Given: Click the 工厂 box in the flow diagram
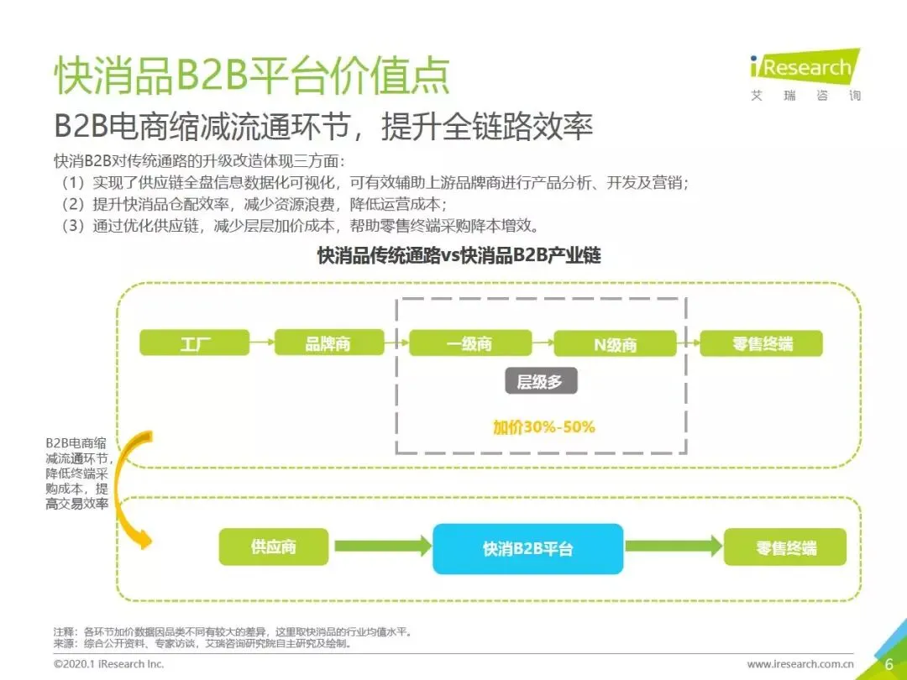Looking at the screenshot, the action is coord(195,343).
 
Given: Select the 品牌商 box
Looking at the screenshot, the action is coord(328,343).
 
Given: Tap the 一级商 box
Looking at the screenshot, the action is coord(469,343).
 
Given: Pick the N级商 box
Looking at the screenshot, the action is coord(615,343).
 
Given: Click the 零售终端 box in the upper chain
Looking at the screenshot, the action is coord(761,343).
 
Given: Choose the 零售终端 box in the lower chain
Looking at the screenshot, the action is coord(785,548).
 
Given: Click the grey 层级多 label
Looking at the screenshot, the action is coord(540,383).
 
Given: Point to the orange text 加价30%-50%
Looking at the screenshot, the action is coord(543,426).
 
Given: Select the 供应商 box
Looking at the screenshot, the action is coord(273,547).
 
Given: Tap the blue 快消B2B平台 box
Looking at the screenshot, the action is coord(527,549).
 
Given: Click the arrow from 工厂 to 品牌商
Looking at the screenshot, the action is coord(261,343).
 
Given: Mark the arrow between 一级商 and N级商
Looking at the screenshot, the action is coord(543,343).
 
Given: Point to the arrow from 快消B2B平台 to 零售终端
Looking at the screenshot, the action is coord(673,547).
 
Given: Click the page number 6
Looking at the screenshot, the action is coord(889,664).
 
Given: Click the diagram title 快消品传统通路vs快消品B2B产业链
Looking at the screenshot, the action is coord(459,256).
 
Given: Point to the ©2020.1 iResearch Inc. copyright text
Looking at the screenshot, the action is coord(109,664).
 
